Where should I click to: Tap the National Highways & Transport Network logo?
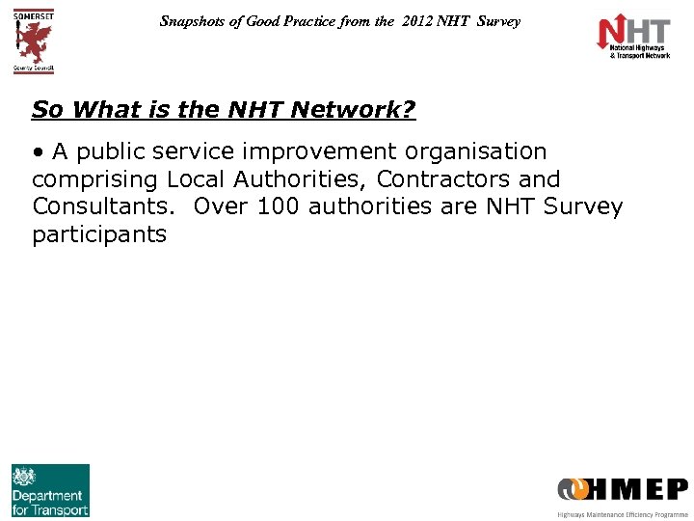click(x=633, y=38)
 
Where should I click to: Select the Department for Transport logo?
click(x=50, y=490)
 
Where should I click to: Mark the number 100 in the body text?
click(x=279, y=206)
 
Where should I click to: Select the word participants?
click(x=99, y=234)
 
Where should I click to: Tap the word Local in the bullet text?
click(x=197, y=179)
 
